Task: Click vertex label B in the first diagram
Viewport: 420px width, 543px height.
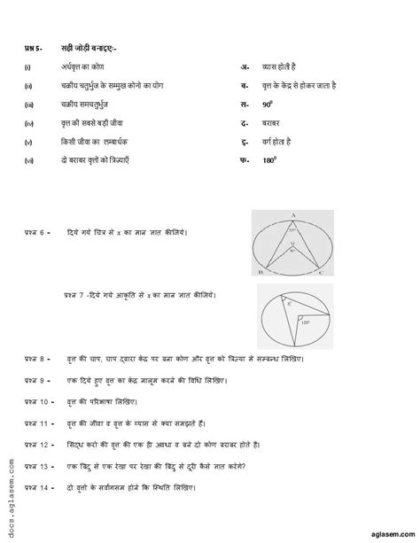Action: coord(257,275)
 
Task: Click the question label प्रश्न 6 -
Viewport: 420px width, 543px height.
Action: coord(36,231)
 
